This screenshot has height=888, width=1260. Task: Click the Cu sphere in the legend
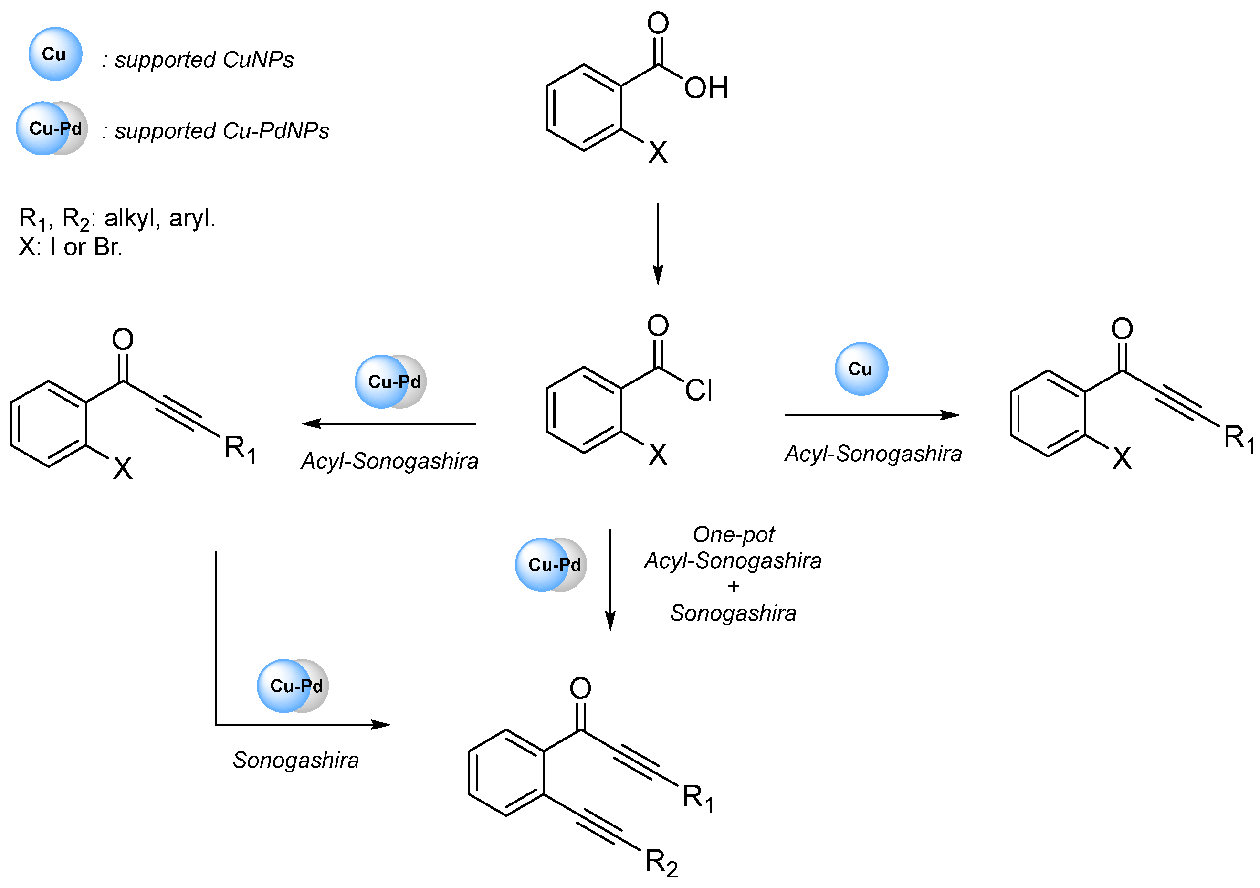55,54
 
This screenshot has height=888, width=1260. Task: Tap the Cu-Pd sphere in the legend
52,128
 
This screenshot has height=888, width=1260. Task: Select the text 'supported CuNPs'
204,60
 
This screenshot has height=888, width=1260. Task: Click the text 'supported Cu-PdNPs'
222,131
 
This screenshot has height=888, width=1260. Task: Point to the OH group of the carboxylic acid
706,88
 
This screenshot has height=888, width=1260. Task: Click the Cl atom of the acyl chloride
699,391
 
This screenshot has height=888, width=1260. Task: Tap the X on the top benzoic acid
658,153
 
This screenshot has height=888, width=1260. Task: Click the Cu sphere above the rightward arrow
861,369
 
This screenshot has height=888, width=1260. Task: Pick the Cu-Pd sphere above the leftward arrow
390,382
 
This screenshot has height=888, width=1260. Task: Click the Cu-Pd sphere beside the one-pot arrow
551,565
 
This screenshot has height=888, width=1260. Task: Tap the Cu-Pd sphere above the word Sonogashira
293,686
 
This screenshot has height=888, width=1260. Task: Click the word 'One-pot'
733,535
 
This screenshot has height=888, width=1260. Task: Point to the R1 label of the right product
1239,439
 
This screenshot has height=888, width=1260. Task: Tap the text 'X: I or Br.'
71,247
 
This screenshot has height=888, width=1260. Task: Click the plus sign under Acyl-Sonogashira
734,587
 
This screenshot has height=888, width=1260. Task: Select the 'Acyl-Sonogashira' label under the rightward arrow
873,454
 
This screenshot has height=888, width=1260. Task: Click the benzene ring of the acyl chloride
584,411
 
